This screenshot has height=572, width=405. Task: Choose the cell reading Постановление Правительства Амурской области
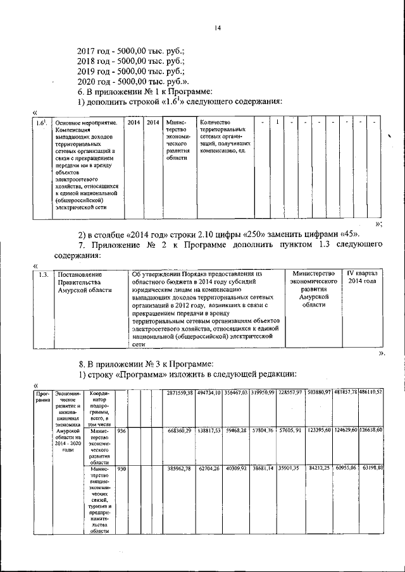point(85,282)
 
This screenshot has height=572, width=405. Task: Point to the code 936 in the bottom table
point(122,431)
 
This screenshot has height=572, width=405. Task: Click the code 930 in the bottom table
point(122,470)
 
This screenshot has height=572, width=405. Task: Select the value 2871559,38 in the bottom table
point(179,392)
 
